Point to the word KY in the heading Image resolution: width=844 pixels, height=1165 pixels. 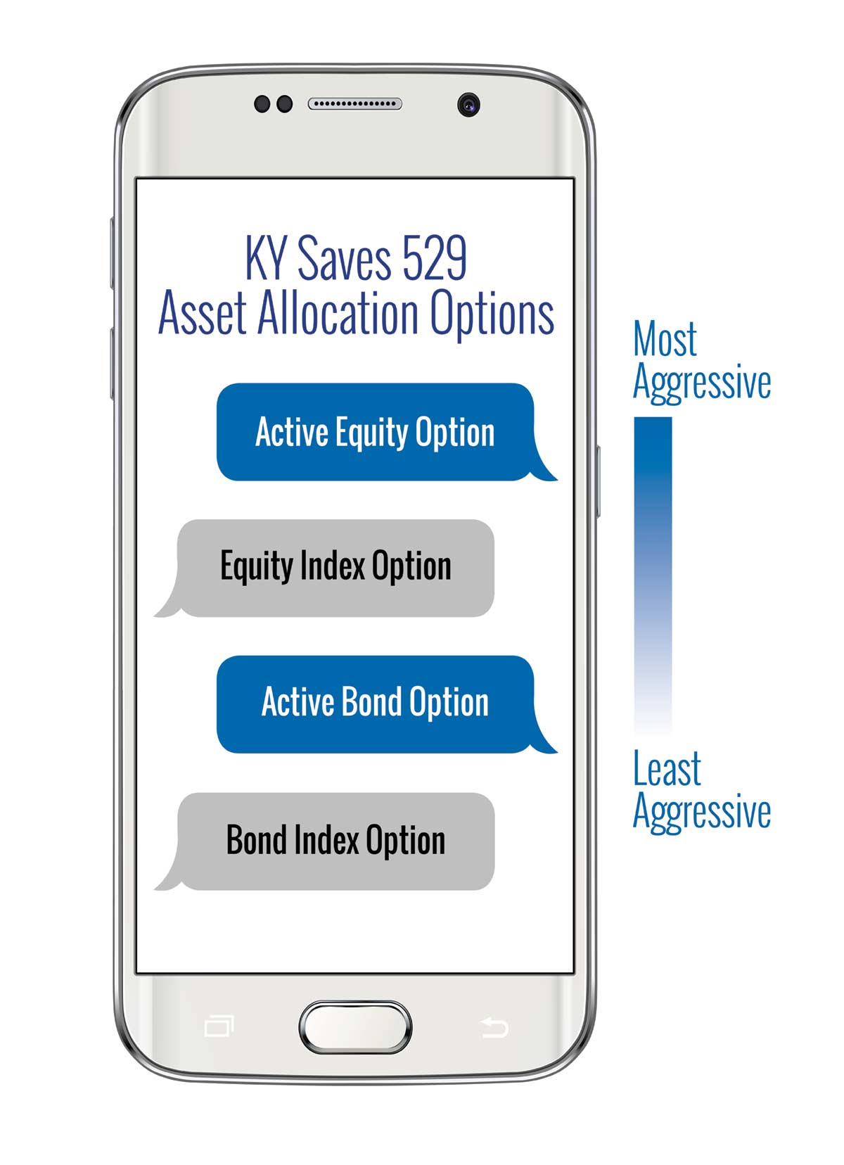coord(266,258)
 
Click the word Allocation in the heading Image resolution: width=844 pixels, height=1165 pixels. coord(338,312)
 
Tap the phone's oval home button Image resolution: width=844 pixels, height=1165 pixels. coord(355,1027)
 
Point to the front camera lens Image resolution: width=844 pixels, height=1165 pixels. coord(468,105)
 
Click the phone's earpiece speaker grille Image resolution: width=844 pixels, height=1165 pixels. coord(354,103)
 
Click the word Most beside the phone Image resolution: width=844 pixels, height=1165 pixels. coord(665,338)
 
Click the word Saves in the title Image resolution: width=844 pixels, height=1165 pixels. coord(344,258)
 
